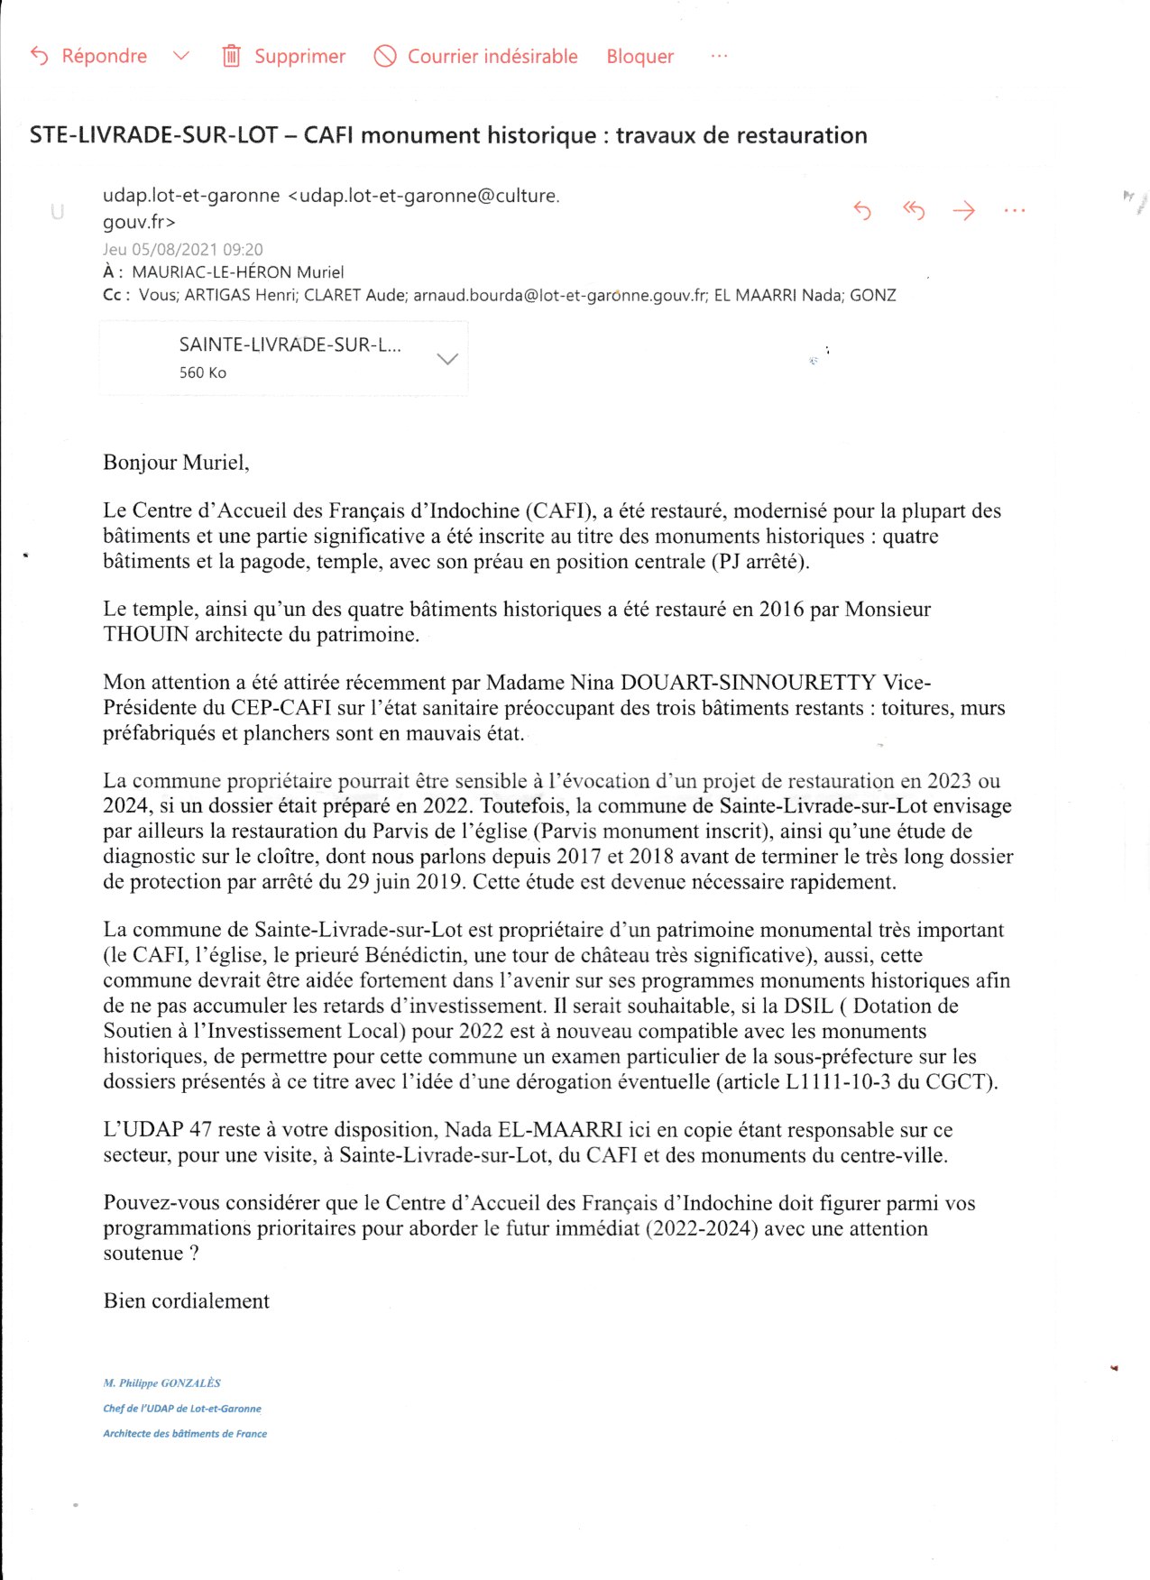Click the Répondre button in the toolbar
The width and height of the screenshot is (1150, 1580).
(90, 56)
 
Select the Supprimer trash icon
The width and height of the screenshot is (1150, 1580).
(232, 56)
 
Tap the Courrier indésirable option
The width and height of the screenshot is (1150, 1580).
(476, 56)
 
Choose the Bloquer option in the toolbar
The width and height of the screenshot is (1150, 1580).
(639, 56)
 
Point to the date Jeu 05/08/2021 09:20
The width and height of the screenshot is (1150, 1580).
(183, 250)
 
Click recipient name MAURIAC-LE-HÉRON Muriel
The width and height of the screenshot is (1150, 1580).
(237, 272)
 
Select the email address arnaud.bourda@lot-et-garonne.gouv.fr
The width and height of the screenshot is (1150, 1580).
(560, 295)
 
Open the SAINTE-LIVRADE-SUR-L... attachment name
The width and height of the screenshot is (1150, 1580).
(290, 344)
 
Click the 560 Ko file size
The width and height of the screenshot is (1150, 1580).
(202, 372)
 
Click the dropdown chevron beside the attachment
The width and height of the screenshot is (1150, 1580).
(446, 359)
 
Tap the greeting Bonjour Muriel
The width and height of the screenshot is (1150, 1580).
(176, 463)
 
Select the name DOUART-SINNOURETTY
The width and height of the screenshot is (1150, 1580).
(748, 683)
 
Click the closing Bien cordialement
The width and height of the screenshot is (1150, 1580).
(187, 1301)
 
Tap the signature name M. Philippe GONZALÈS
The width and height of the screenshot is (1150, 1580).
(162, 1382)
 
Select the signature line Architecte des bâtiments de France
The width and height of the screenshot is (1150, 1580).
(185, 1433)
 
